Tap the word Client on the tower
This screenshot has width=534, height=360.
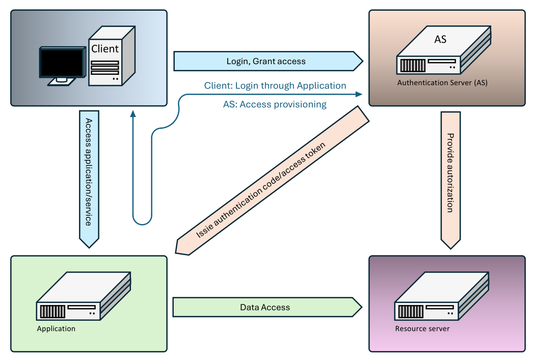(105, 49)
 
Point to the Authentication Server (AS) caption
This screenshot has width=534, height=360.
(442, 82)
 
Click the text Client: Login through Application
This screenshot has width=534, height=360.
(275, 86)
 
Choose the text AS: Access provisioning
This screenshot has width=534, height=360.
(275, 104)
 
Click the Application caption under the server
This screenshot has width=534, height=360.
(56, 328)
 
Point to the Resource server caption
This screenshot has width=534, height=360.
(422, 328)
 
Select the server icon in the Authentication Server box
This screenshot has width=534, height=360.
(443, 53)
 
